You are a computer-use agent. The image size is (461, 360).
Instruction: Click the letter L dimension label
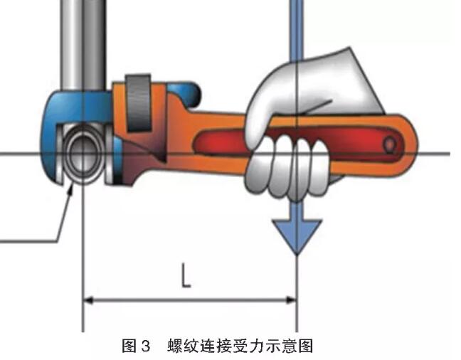point(186,275)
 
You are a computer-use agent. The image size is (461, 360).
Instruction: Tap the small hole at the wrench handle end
point(389,145)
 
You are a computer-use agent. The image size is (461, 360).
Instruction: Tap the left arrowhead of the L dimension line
point(89,300)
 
